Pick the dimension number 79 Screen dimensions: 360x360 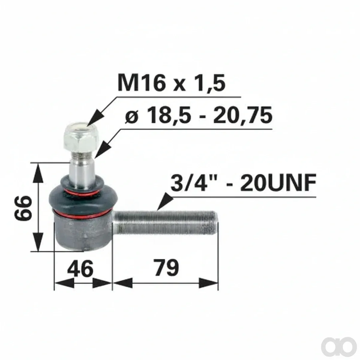(x=166, y=268)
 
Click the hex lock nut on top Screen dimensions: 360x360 (x=81, y=137)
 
